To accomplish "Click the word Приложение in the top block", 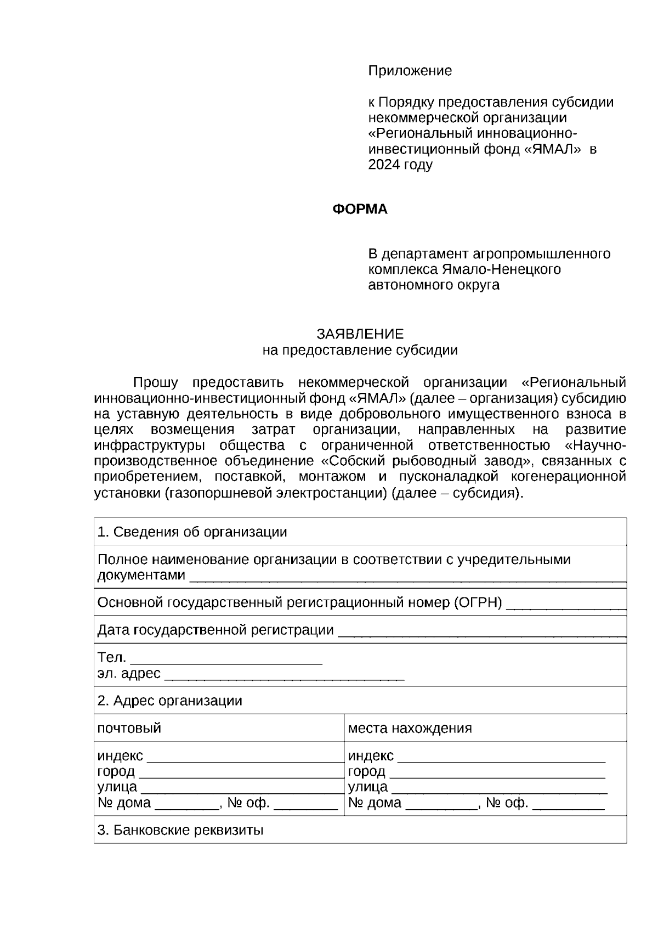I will pyautogui.click(x=410, y=71).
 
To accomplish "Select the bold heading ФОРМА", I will pyautogui.click(x=360, y=209).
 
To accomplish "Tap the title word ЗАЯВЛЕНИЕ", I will pyautogui.click(x=360, y=334).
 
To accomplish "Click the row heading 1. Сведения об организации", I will pyautogui.click(x=192, y=532).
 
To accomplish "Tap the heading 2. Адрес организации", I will pyautogui.click(x=170, y=701).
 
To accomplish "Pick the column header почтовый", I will pyautogui.click(x=129, y=728).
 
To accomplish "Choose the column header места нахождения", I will pyautogui.click(x=410, y=728).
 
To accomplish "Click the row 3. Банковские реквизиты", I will pyautogui.click(x=180, y=830).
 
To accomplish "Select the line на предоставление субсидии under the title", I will pyautogui.click(x=360, y=350).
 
